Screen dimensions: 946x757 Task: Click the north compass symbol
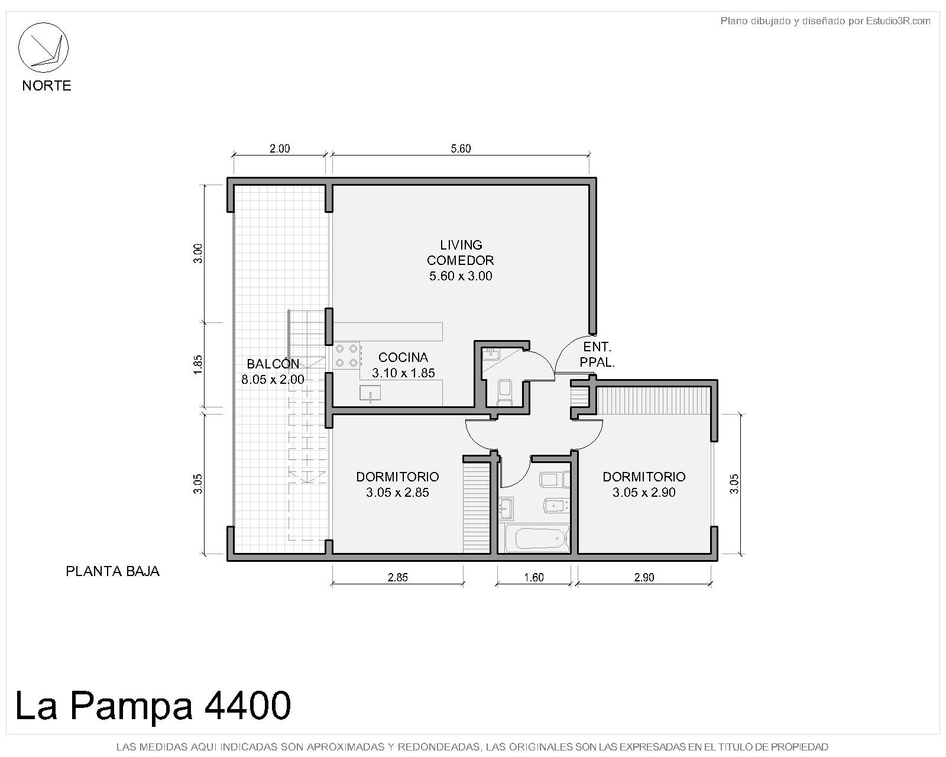43,47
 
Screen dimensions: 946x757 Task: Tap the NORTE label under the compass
47,86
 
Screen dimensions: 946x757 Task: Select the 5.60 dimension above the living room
460,148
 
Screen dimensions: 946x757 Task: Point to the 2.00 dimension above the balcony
280,148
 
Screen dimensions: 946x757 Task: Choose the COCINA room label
403,357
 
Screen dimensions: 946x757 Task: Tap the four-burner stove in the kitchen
346,356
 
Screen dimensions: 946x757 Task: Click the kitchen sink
370,393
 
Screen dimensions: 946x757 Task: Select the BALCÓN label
273,364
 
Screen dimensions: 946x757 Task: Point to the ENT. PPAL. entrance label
597,354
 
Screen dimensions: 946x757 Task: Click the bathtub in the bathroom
539,538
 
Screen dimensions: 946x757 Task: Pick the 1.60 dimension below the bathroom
534,578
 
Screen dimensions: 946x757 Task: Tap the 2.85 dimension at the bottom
397,578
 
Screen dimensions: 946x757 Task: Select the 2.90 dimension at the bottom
644,578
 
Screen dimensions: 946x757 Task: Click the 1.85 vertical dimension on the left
198,365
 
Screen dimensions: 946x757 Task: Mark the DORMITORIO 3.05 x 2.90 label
644,484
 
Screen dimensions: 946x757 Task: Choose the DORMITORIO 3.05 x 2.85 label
397,484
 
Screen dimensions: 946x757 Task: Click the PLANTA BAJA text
112,571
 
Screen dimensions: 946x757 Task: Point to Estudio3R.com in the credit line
898,21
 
